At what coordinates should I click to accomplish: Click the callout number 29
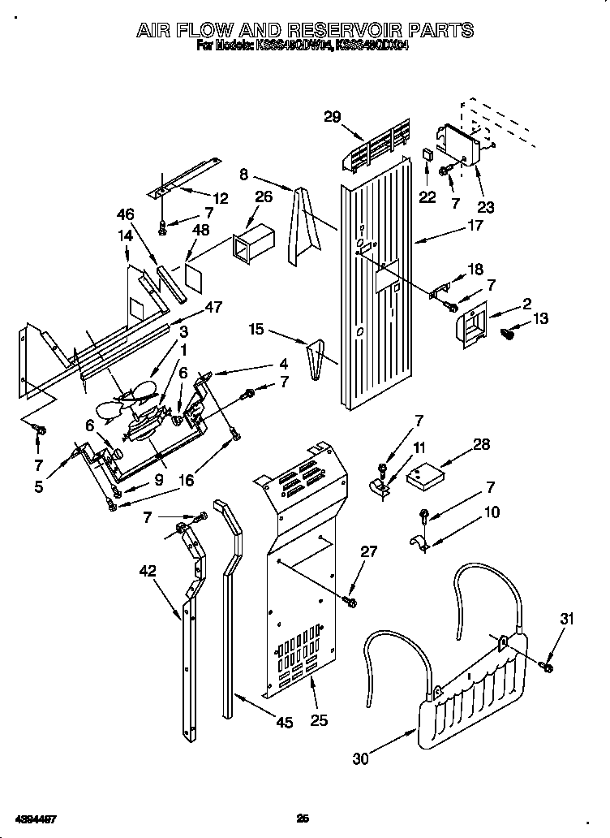332,116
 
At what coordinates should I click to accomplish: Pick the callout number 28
481,444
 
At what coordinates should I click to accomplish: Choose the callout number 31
565,620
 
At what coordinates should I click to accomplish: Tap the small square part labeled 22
428,154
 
